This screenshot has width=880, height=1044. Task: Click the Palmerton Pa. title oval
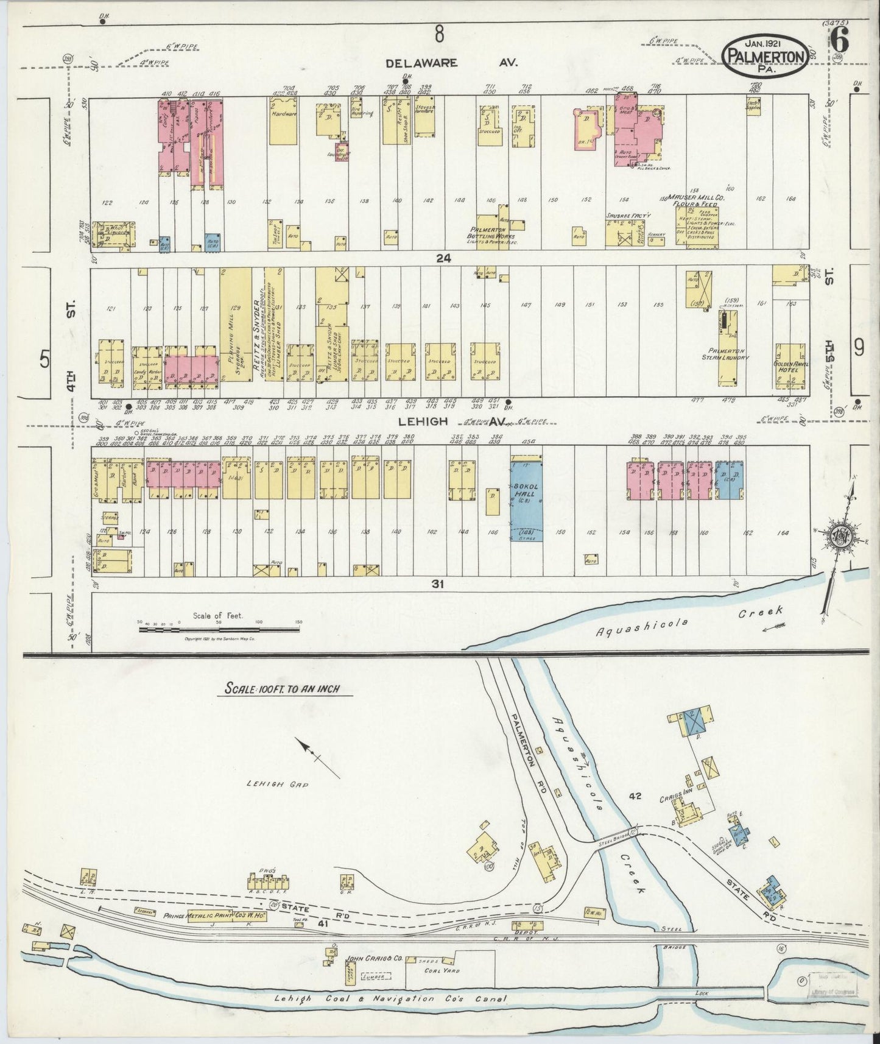(766, 54)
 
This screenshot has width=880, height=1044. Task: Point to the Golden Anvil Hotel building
(790, 366)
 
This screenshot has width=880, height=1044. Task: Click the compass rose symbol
(842, 537)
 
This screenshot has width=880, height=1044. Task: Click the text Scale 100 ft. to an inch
(282, 689)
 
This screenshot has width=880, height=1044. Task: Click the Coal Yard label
(443, 971)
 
